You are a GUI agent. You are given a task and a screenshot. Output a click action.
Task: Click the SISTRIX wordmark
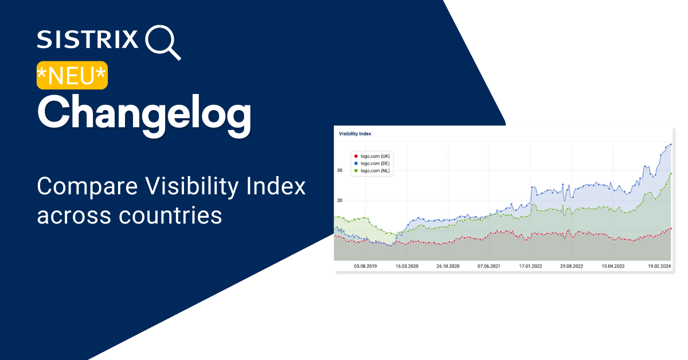tap(88, 39)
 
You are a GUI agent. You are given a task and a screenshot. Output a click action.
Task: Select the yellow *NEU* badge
tap(72, 75)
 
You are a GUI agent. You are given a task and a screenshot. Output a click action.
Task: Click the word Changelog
tap(144, 114)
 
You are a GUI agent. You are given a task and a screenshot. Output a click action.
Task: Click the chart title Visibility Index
tap(355, 134)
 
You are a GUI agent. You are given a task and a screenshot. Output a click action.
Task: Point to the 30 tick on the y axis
tap(339, 170)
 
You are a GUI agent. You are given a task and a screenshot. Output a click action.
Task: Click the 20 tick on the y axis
tap(339, 201)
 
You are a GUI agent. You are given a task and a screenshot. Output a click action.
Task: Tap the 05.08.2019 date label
tap(365, 267)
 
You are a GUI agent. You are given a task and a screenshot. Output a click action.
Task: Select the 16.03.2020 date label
tap(406, 267)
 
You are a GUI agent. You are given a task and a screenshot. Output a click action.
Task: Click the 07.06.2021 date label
tap(488, 267)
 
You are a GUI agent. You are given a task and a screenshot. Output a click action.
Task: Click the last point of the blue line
tap(671, 144)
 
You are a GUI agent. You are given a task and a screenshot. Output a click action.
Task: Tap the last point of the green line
tap(671, 173)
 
